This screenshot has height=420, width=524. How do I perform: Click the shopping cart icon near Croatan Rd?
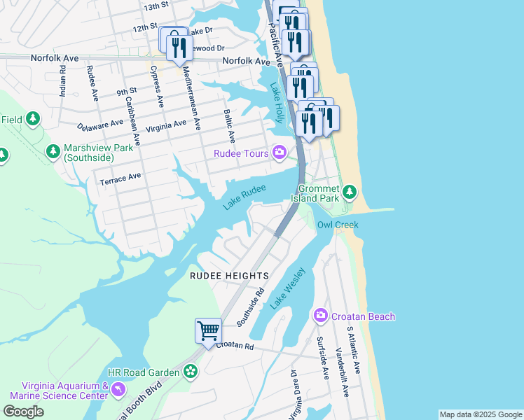209,330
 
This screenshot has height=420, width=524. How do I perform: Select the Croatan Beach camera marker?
322,316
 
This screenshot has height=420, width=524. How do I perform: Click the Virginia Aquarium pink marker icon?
118,388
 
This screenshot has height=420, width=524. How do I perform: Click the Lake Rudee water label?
244,197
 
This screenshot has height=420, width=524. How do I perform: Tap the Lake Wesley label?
288,288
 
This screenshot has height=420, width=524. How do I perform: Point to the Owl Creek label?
338,225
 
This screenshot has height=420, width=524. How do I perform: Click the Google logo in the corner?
23,412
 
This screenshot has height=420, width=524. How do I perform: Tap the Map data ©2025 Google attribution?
480,414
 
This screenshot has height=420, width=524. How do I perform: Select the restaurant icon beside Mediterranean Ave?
180,48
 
